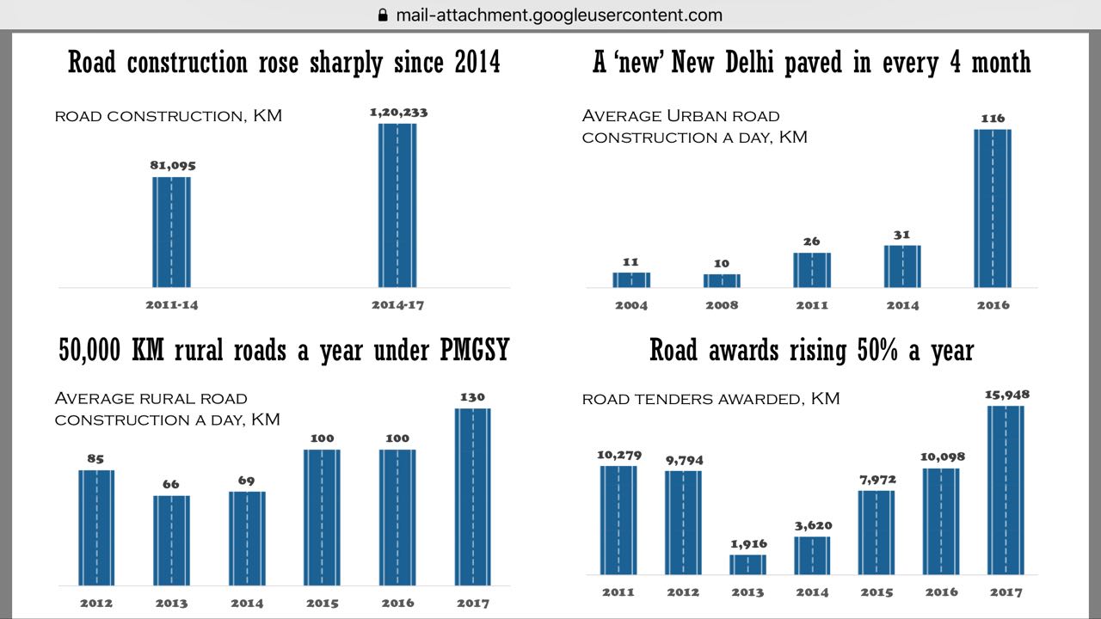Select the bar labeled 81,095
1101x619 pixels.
click(x=171, y=231)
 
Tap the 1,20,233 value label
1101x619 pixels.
click(x=398, y=112)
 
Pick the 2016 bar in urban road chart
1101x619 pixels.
click(x=993, y=208)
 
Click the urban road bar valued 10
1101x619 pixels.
click(x=722, y=280)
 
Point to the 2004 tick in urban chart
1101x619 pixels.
click(x=631, y=305)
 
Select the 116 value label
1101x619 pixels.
click(x=993, y=119)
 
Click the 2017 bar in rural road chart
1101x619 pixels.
click(x=472, y=496)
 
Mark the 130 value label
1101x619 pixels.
click(x=472, y=397)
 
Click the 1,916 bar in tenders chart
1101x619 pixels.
click(x=747, y=564)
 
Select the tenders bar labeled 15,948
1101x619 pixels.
click(x=1006, y=489)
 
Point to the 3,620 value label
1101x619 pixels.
click(x=812, y=525)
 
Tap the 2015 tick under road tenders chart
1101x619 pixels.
click(x=876, y=592)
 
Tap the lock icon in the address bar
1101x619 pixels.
click(x=384, y=15)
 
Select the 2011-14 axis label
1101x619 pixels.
click(x=171, y=305)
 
